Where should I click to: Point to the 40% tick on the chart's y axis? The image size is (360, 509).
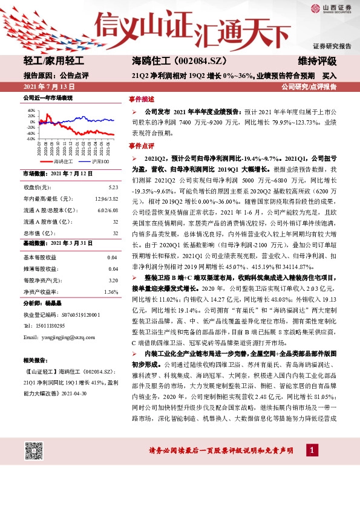pyautogui.click(x=31, y=111)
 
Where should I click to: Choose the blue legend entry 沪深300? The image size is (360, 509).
pyautogui.click(x=96, y=162)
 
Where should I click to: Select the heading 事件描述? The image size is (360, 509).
pyautogui.click(x=142, y=99)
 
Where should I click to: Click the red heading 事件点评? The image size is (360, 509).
pyautogui.click(x=142, y=146)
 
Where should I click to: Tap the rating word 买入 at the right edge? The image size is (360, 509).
pyautogui.click(x=329, y=76)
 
